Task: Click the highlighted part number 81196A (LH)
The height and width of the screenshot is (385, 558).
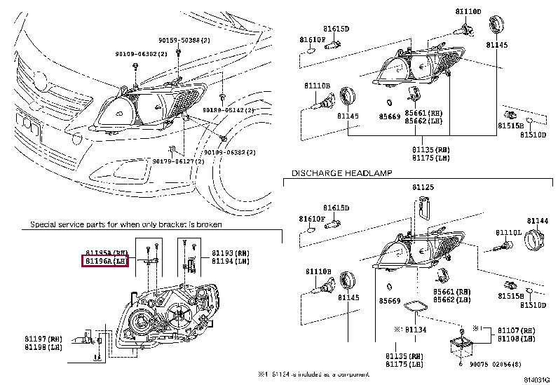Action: click(105, 262)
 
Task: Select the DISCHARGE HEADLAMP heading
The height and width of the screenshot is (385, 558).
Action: click(341, 173)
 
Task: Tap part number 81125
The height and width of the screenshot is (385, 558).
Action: click(423, 187)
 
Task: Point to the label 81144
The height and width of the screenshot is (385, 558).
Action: click(537, 220)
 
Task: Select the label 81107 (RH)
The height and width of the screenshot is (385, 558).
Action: click(517, 330)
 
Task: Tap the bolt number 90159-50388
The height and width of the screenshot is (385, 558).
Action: click(179, 41)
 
